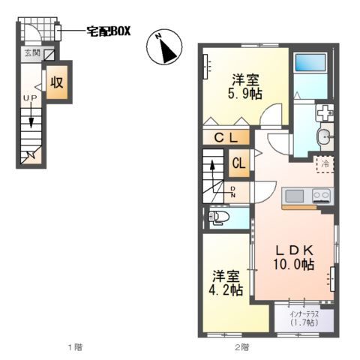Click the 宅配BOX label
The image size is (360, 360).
click(109, 31)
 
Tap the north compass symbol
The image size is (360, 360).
click(164, 46)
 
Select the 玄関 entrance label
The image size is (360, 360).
click(32, 52)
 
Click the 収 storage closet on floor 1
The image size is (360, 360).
click(57, 82)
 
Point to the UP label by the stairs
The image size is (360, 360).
click(30, 98)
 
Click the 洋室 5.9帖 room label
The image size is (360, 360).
click(245, 86)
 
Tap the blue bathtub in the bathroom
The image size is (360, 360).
click(311, 62)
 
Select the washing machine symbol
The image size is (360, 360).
click(325, 112)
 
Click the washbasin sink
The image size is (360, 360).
click(325, 136)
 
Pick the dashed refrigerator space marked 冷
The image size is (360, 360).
click(325, 164)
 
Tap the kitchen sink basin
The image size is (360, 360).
click(295, 196)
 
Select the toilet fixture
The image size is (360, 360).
click(218, 217)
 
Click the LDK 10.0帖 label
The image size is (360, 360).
click(294, 257)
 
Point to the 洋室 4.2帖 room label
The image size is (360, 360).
click(226, 283)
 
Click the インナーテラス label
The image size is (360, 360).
click(304, 314)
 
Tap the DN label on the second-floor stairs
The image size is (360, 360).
click(233, 192)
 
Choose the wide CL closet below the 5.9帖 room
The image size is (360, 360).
click(226, 137)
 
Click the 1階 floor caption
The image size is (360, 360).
click(75, 347)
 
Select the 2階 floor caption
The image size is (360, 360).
click(241, 347)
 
